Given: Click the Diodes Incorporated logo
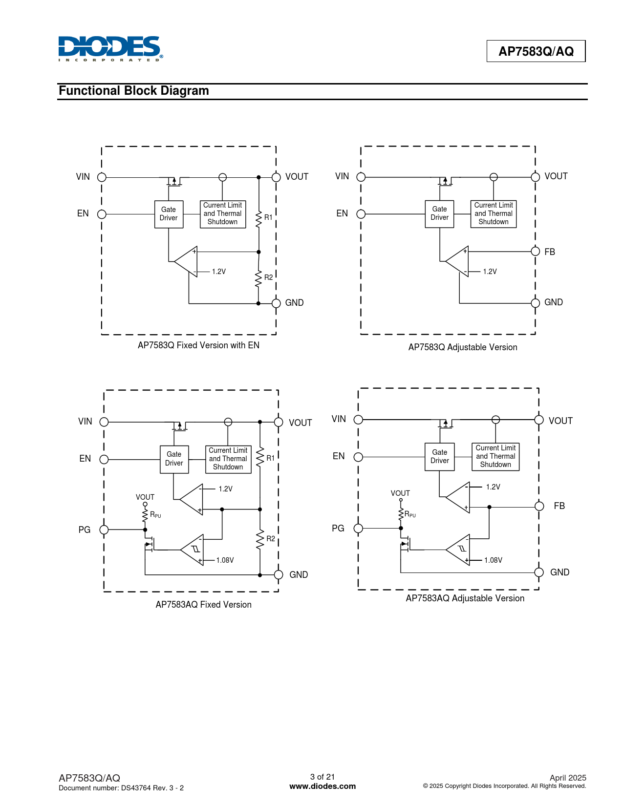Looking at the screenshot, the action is click(x=110, y=48).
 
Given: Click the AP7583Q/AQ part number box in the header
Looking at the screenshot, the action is click(x=536, y=51).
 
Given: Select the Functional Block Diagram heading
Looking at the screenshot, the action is click(x=133, y=90).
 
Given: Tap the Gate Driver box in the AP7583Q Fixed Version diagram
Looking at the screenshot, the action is click(x=169, y=214).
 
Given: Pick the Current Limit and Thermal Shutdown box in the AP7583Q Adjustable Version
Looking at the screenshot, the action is click(x=493, y=213).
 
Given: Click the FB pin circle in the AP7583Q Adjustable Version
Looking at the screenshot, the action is click(x=535, y=251).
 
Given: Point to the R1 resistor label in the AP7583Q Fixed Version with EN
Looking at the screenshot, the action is click(x=268, y=217).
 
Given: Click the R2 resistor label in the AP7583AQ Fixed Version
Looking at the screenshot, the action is click(x=271, y=538).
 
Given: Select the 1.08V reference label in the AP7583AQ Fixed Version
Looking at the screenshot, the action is click(x=225, y=560).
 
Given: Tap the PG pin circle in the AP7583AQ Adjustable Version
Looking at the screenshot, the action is click(x=358, y=528).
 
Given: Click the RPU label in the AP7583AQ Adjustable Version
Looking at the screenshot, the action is click(x=410, y=514).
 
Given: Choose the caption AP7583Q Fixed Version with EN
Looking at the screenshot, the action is click(x=198, y=345).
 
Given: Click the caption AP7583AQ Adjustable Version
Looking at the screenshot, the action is click(x=465, y=598).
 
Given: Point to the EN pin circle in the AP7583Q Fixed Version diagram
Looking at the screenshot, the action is click(x=102, y=214).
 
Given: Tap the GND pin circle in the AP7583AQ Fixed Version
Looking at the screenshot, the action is click(x=279, y=574).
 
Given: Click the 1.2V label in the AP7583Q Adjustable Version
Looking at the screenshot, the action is click(x=490, y=272).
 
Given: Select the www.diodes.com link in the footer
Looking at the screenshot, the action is click(x=322, y=786).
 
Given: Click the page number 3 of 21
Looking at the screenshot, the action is click(x=322, y=776).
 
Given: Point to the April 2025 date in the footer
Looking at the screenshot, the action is click(x=568, y=778).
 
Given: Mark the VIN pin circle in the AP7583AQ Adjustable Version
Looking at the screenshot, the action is click(x=358, y=420).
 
